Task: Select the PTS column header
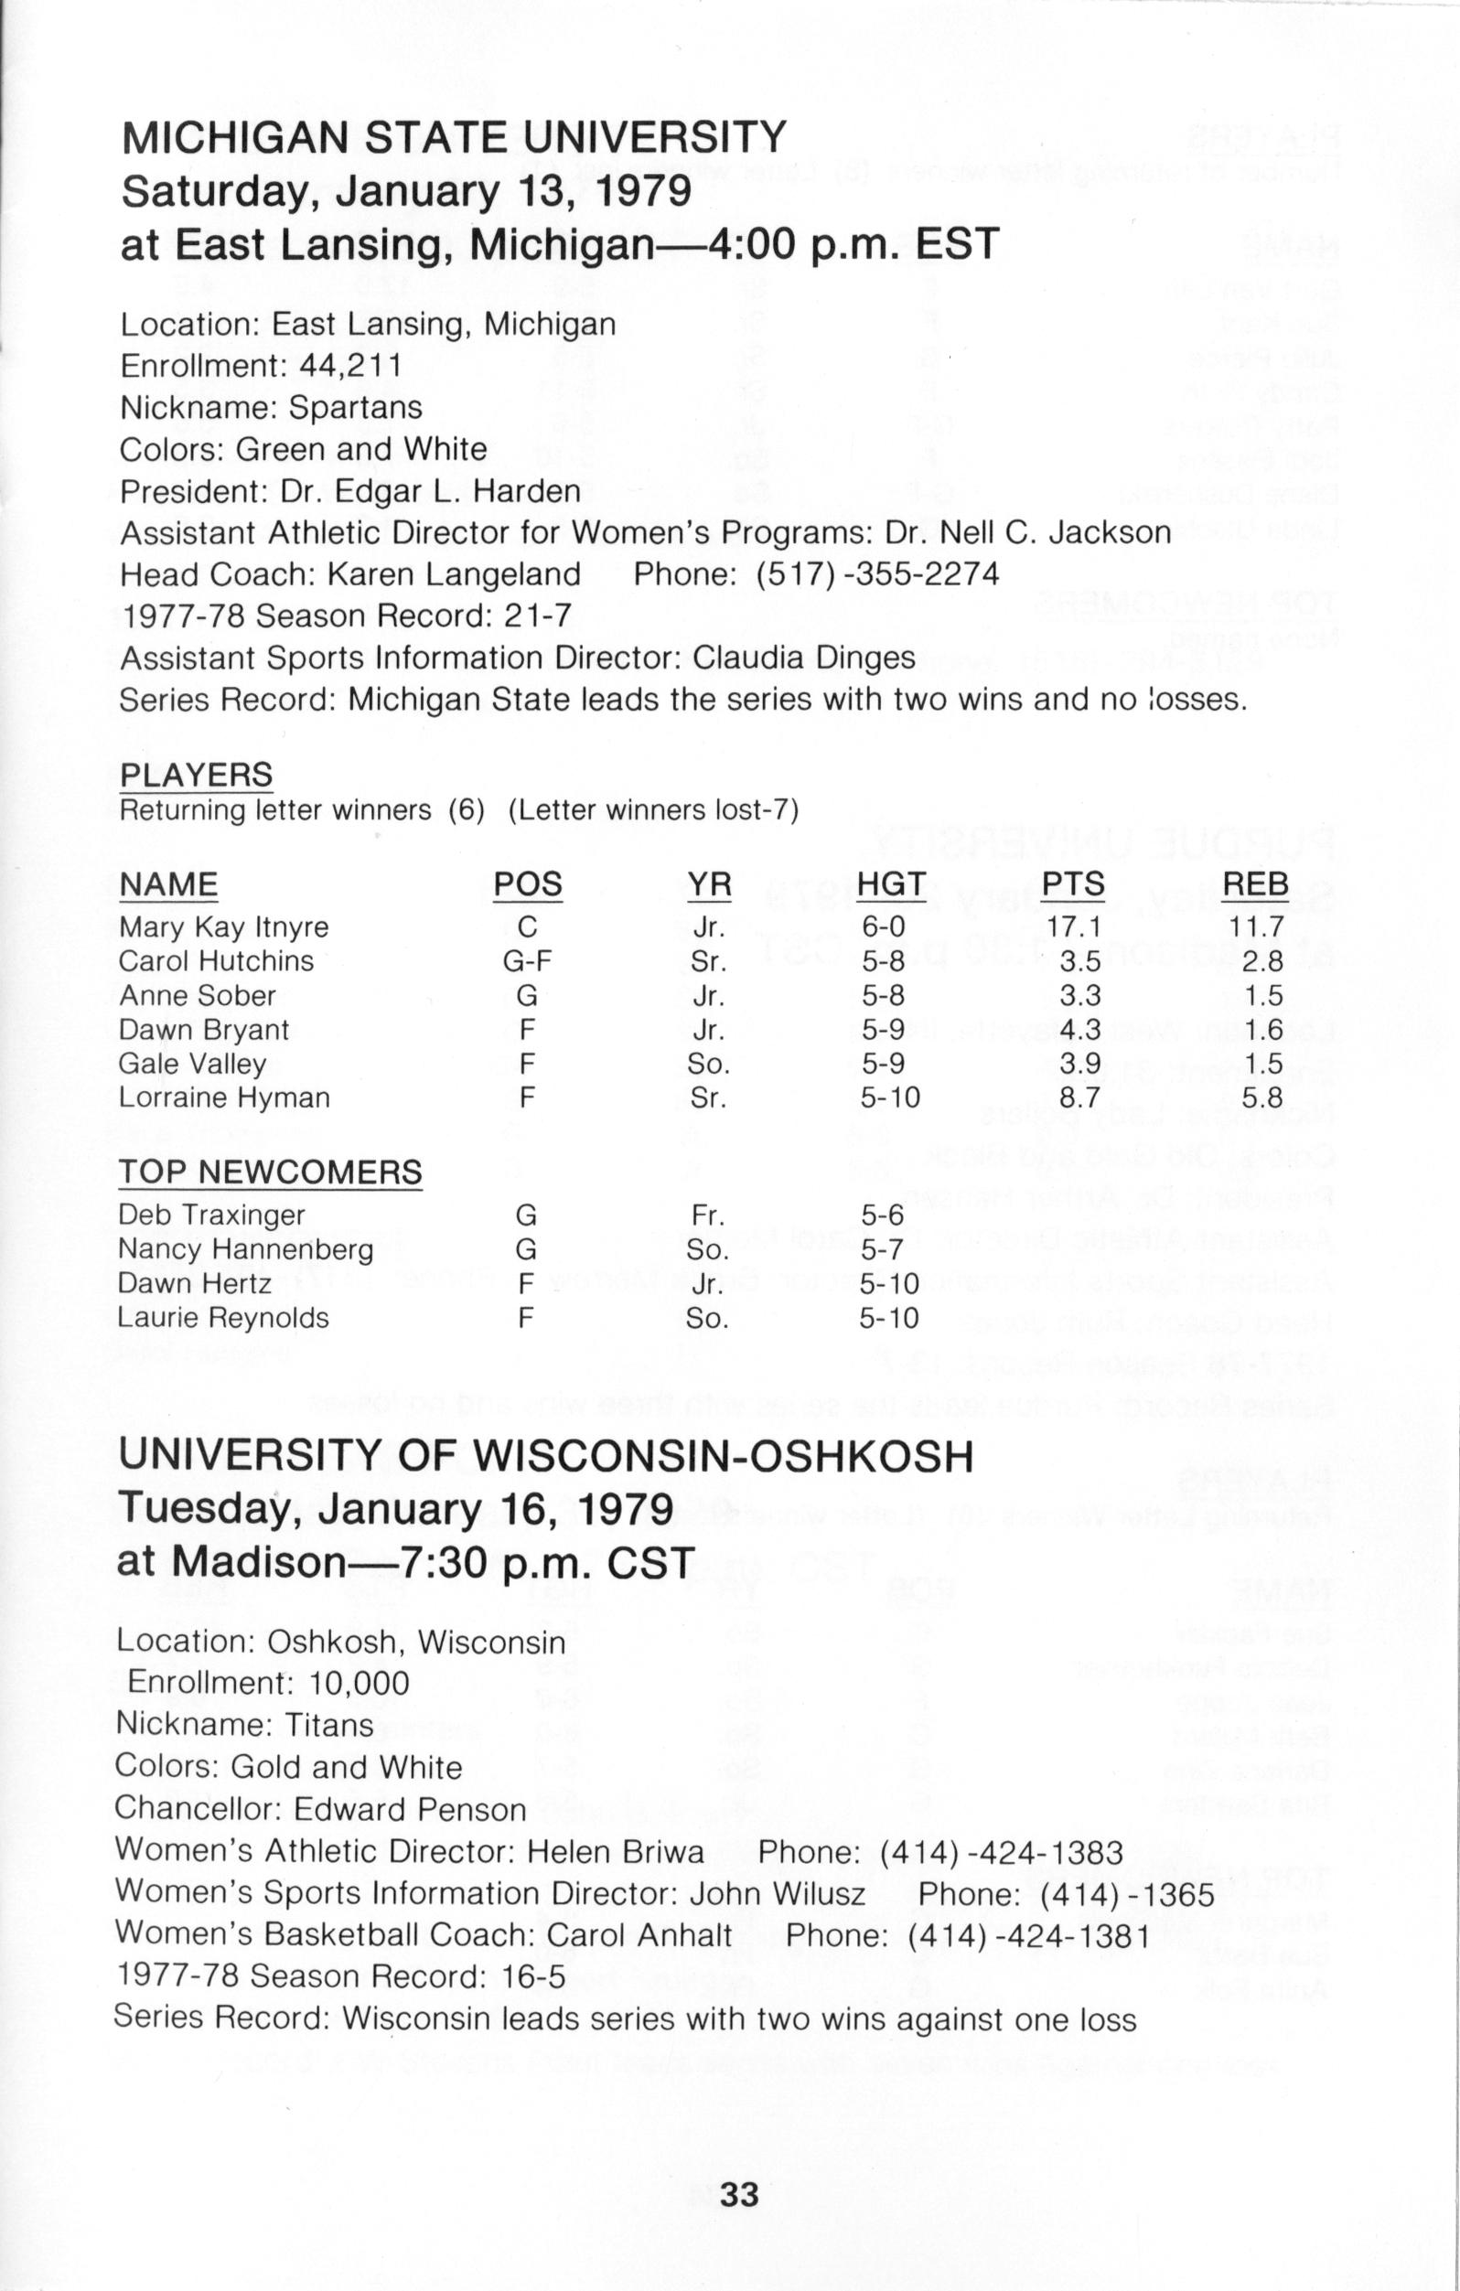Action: coord(1073,883)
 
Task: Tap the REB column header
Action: coord(1255,883)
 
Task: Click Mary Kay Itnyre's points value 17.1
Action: coord(1074,926)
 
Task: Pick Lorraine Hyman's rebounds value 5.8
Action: coord(1263,1097)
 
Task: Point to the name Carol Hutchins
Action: coord(216,961)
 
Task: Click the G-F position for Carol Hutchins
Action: coord(527,961)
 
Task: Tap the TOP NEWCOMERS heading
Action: coord(270,1172)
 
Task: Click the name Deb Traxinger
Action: coord(211,1215)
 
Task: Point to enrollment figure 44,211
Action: coord(349,365)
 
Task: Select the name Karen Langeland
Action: coord(454,574)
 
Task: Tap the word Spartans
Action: coord(355,407)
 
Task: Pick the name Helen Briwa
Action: coord(616,1850)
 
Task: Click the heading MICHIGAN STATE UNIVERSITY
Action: coord(454,137)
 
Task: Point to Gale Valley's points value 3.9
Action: coord(1080,1064)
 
